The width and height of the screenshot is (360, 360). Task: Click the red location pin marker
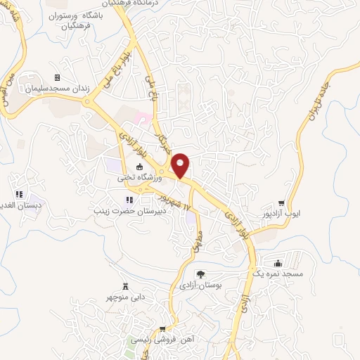click(x=180, y=165)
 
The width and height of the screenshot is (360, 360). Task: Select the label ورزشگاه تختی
click(x=139, y=179)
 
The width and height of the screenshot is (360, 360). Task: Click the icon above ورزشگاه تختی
click(x=139, y=167)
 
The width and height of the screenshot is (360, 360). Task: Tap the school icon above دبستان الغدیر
click(x=20, y=194)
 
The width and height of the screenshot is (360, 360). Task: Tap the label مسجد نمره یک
click(x=279, y=274)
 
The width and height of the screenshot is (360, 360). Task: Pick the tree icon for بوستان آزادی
click(x=200, y=274)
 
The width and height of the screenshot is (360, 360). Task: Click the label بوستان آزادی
click(x=201, y=286)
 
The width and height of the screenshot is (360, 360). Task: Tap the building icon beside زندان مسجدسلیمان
click(x=57, y=77)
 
